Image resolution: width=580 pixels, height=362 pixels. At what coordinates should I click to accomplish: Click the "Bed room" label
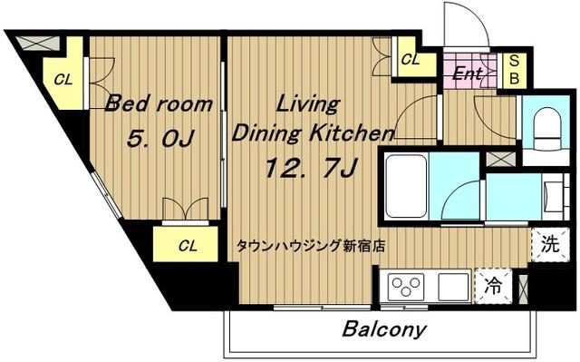159,104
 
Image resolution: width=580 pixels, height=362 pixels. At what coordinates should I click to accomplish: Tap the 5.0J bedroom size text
160,139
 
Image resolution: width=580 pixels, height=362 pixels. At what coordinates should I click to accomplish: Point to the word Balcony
384,328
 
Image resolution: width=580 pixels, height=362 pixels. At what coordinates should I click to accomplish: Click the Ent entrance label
468,73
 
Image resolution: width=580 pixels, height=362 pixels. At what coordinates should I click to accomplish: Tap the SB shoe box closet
514,71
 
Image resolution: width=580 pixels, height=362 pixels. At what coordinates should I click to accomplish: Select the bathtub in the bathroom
406,186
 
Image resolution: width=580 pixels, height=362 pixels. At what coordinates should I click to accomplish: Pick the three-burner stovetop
406,287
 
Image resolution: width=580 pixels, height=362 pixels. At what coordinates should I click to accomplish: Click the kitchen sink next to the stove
453,288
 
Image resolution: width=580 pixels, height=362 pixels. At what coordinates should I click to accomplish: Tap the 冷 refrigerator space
493,286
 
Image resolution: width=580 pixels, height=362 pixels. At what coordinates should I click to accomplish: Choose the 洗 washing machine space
549,245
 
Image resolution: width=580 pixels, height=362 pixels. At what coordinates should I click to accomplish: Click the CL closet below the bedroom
186,245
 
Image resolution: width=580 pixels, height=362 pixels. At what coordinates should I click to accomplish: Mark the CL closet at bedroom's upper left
63,80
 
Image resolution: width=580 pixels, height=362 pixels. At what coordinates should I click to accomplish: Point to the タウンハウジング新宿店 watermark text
310,245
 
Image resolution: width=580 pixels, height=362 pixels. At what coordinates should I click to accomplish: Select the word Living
308,104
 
